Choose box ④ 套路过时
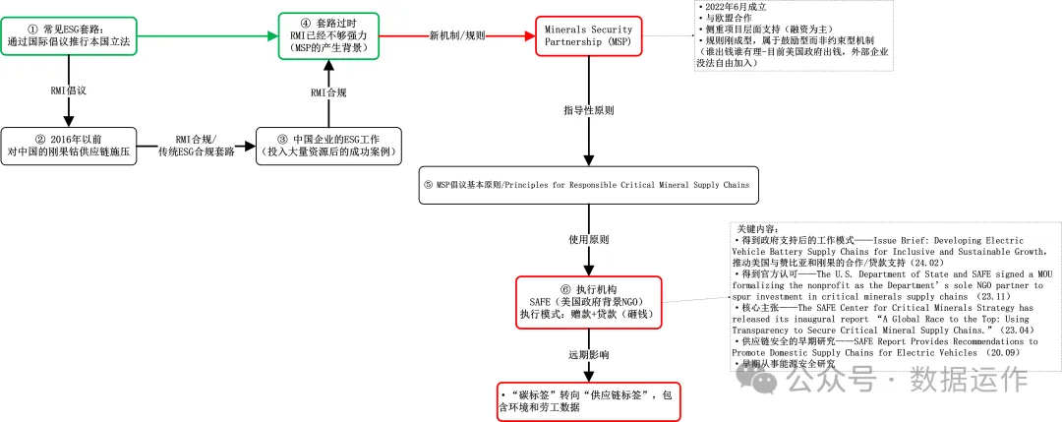(327, 34)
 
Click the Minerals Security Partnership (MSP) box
(588, 36)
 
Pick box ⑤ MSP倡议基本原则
(588, 184)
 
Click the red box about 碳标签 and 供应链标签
(588, 402)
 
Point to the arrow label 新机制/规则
(456, 35)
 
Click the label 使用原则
(588, 239)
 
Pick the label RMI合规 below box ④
(327, 92)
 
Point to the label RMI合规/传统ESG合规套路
(197, 146)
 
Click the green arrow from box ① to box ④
(206, 35)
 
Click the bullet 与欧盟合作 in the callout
(725, 20)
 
